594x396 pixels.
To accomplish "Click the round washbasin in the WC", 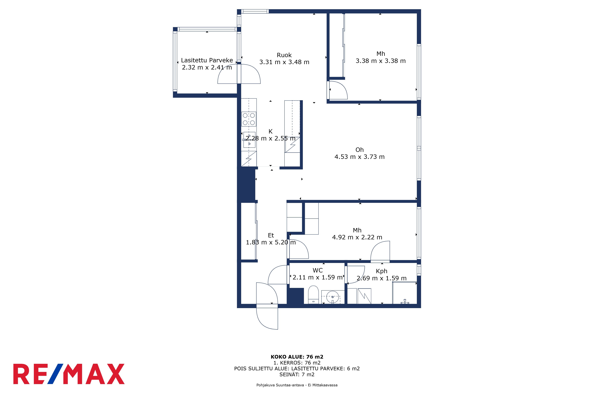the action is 332,297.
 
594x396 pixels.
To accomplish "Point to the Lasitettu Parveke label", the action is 207,60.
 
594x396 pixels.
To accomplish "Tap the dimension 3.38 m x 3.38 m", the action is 381,61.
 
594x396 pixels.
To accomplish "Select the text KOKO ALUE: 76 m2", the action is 297,357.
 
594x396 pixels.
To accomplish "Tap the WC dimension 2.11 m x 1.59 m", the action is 317,277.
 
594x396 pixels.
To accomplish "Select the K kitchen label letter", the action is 270,131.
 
